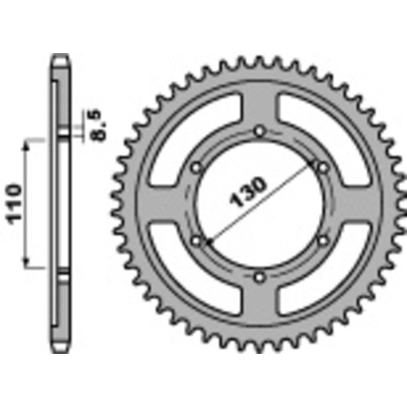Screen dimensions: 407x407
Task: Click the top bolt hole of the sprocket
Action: coord(258,131)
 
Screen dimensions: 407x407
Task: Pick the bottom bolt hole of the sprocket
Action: coord(258,276)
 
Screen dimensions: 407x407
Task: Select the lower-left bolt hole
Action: coord(196,240)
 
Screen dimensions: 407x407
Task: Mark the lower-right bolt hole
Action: coord(321,240)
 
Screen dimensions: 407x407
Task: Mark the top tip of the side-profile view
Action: coord(60,56)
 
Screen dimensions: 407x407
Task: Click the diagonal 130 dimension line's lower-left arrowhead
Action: coord(208,240)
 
